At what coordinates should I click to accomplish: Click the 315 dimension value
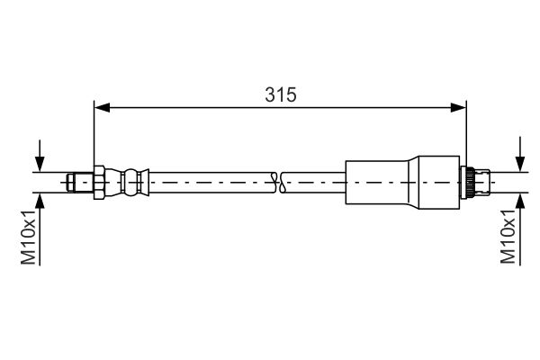pos(281,94)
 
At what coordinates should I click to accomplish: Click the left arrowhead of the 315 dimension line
pos(101,108)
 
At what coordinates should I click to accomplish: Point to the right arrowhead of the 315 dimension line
pos(461,108)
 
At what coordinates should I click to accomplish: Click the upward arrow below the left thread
pos(39,206)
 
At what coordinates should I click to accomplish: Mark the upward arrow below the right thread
pos(520,206)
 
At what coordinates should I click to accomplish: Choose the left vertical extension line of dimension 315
pos(94,135)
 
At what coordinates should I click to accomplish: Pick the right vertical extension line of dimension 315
pos(467,135)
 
